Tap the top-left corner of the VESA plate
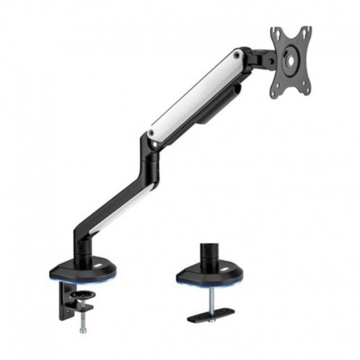pyautogui.click(x=274, y=31)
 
